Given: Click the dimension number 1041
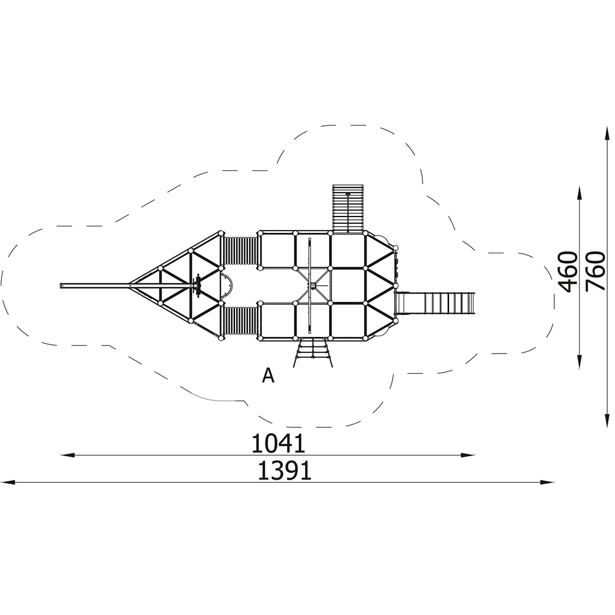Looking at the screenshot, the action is [278, 443].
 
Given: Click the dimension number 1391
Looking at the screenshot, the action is [284, 470].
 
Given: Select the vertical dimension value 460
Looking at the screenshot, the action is [569, 272].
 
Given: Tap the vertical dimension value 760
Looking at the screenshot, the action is [595, 272].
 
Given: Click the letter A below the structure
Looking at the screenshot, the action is [268, 375].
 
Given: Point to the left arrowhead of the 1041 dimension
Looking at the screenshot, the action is [68, 455].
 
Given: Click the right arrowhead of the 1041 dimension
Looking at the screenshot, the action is [467, 455].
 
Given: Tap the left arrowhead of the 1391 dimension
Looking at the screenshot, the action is [8, 482].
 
